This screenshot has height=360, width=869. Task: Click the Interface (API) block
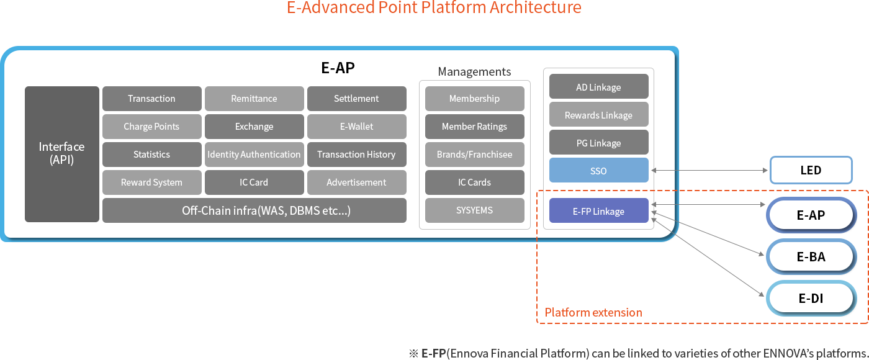(61, 154)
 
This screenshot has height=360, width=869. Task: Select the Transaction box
(151, 99)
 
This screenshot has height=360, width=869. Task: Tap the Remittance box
(254, 99)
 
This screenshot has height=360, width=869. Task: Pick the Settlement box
(356, 99)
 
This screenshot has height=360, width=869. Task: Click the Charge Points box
(151, 127)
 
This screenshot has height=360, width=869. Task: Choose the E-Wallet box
(356, 127)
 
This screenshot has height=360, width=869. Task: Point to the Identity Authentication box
(254, 155)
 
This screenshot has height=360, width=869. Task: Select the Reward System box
(151, 182)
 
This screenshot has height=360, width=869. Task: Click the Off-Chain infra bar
(254, 210)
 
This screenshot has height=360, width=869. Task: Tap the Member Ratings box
(474, 127)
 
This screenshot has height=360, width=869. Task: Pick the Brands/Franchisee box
(474, 155)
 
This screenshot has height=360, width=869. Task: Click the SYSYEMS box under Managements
(474, 210)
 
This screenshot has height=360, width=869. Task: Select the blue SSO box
(598, 171)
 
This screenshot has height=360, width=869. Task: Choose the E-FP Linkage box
(598, 211)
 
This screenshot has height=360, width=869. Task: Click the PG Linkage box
(598, 143)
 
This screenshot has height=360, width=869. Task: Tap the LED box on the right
(811, 170)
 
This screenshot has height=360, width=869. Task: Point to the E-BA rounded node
(811, 257)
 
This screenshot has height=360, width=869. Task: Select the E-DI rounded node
(811, 299)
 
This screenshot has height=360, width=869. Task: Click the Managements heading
(474, 71)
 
